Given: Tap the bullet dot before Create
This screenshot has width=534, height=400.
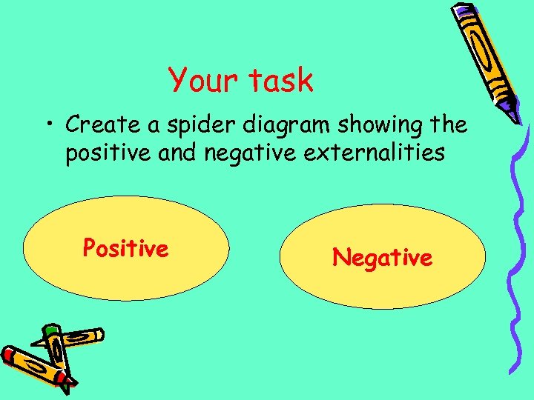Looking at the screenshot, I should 52,125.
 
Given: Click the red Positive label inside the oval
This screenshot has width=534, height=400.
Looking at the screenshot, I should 125,247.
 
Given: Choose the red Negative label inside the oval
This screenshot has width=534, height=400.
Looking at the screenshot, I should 382,257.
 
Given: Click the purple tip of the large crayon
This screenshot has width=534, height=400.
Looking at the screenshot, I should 512,114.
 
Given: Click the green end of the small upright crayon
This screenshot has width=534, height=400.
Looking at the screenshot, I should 50,329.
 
